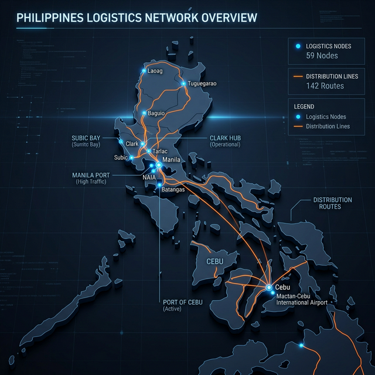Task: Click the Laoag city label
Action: pyautogui.click(x=155, y=71)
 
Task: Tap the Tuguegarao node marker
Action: pyautogui.click(x=183, y=83)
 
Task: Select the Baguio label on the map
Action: pyautogui.click(x=156, y=113)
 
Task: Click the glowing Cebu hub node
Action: pyautogui.click(x=269, y=287)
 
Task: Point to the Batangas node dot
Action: pyautogui.click(x=159, y=184)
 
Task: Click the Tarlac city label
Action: pyautogui.click(x=160, y=151)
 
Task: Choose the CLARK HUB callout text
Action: pyautogui.click(x=226, y=138)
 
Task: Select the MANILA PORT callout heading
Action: pyautogui.click(x=94, y=175)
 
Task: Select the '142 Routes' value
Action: pyautogui.click(x=325, y=86)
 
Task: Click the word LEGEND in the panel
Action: pyautogui.click(x=304, y=107)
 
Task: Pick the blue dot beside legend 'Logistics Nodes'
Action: pyautogui.click(x=298, y=117)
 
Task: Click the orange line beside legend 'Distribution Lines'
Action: pyautogui.click(x=298, y=126)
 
